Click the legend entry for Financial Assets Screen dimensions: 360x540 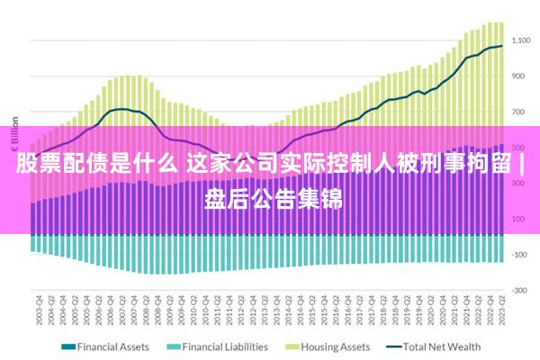point(105,346)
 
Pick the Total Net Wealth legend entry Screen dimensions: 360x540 point(436,346)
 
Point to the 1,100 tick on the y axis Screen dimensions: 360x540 point(522,41)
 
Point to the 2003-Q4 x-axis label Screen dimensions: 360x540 point(40,310)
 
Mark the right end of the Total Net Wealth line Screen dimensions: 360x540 point(501,46)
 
